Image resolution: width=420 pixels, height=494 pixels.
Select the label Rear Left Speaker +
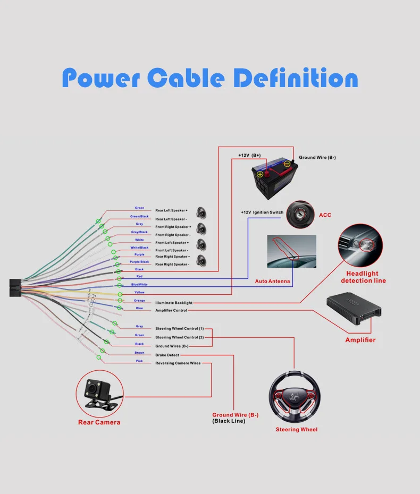[x=171, y=210]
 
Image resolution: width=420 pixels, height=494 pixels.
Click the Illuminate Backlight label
[x=174, y=303]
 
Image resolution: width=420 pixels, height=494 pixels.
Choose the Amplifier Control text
[x=171, y=310]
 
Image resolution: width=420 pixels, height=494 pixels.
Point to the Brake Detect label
[x=167, y=355]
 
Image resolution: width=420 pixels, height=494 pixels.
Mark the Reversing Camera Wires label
[x=178, y=363]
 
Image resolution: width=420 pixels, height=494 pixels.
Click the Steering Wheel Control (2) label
[x=179, y=337]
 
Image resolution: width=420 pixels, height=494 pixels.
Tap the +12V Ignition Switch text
[x=262, y=212]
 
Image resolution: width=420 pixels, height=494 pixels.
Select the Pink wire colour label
[x=139, y=361]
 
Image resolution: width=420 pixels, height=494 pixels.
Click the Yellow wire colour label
[x=139, y=292]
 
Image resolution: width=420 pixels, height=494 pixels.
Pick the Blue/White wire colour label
[x=139, y=284]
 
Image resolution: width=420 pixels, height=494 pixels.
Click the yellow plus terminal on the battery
[x=260, y=174]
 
